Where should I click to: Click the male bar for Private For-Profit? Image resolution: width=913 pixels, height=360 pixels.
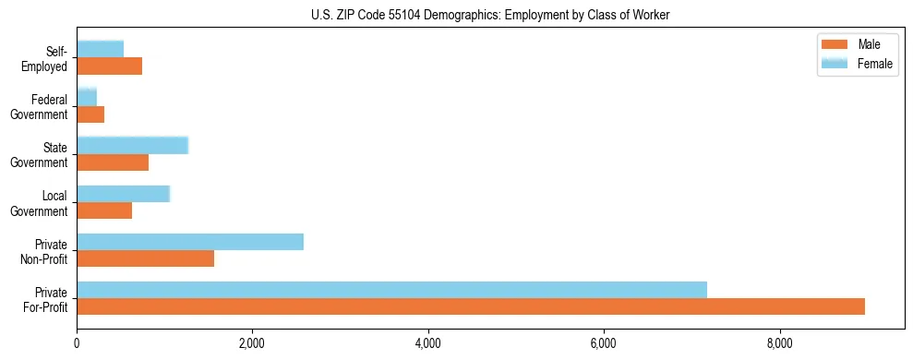pos(471,306)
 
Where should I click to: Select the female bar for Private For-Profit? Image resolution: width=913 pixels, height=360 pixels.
pos(391,290)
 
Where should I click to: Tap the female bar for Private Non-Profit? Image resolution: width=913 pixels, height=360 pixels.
pos(190,242)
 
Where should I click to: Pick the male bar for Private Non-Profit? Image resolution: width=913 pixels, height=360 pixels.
pos(145,258)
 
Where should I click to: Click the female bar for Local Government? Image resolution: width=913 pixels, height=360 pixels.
pos(123,194)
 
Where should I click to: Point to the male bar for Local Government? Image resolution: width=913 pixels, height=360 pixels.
pos(104,210)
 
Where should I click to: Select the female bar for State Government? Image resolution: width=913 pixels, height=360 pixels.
pos(132,146)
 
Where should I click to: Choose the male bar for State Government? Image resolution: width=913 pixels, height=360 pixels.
pos(113,162)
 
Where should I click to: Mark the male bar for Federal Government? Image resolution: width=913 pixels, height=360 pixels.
pos(90,114)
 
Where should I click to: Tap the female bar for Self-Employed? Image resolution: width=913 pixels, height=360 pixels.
pos(100,49)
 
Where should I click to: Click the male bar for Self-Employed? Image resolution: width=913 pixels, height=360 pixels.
pos(109,66)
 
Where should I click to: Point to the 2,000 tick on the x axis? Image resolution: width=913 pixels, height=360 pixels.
pos(252,343)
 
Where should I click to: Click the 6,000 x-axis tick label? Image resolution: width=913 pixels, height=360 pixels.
pos(604,343)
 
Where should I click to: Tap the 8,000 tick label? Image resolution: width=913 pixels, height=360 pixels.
pos(780,343)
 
